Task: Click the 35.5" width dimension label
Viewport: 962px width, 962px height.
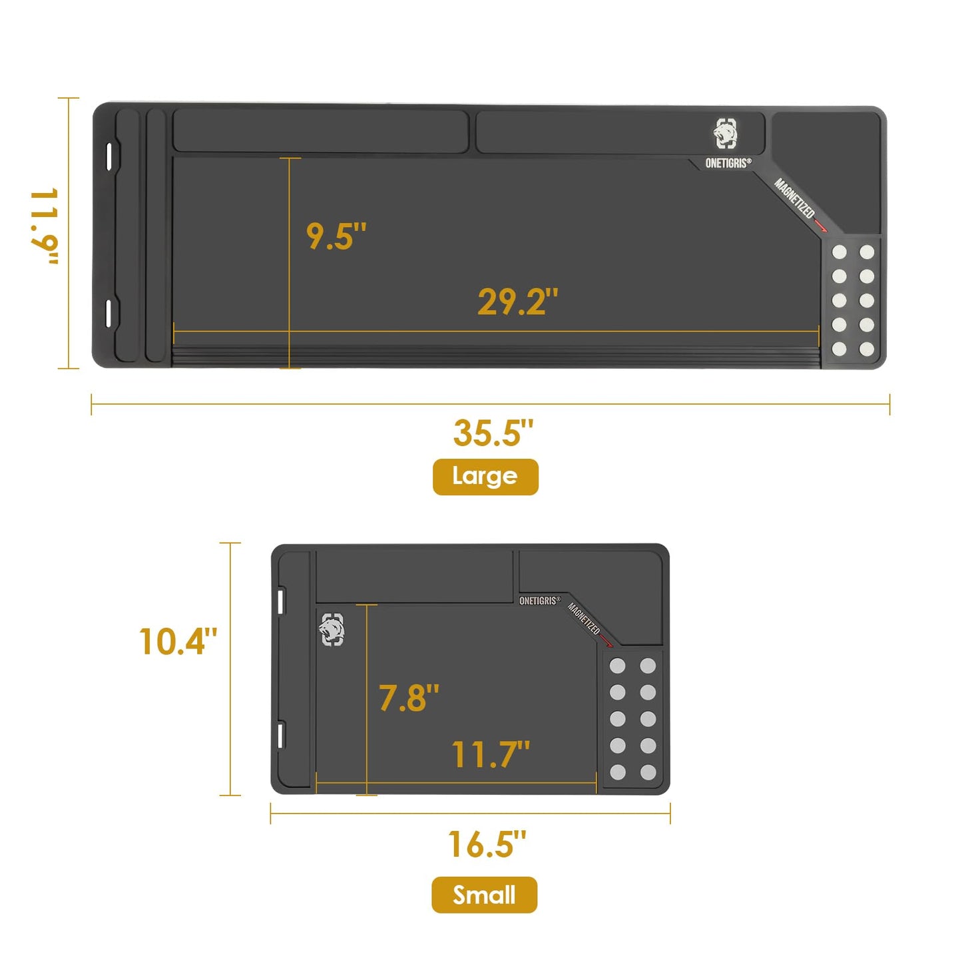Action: coord(493,432)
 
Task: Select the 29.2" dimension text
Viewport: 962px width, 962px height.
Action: coord(518,302)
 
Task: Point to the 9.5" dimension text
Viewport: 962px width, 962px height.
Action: coord(336,236)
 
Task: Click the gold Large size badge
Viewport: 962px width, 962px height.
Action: coord(485,477)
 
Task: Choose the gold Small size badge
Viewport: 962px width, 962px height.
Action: coord(484,895)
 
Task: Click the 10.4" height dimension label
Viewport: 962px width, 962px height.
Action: coord(178,642)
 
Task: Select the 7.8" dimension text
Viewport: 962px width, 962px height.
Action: coord(409,698)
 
